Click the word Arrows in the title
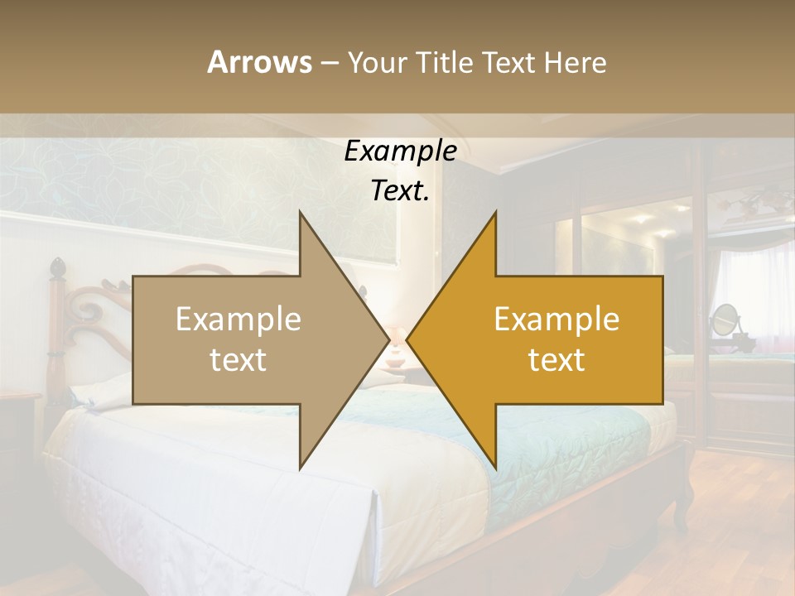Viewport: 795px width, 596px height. (259, 62)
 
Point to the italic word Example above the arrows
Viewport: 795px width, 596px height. (400, 151)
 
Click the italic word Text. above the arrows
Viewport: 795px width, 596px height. (400, 191)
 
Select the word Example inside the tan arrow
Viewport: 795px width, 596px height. (238, 320)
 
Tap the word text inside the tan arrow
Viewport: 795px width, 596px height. (238, 359)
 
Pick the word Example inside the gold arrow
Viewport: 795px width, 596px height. (556, 320)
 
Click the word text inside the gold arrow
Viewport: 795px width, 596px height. (556, 359)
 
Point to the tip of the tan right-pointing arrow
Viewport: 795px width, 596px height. (388, 339)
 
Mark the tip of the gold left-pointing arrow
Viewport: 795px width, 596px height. (408, 339)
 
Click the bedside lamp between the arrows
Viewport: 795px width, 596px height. (397, 347)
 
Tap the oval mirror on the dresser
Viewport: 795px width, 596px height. (725, 319)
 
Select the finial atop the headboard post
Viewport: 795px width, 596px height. (58, 268)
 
